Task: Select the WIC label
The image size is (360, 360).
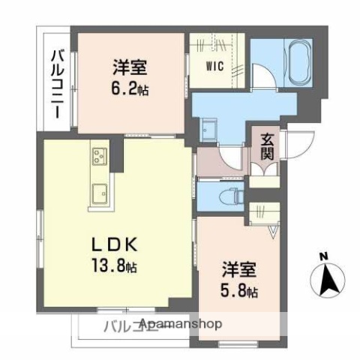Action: (x=215, y=64)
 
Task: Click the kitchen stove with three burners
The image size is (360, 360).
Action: (x=100, y=157)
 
